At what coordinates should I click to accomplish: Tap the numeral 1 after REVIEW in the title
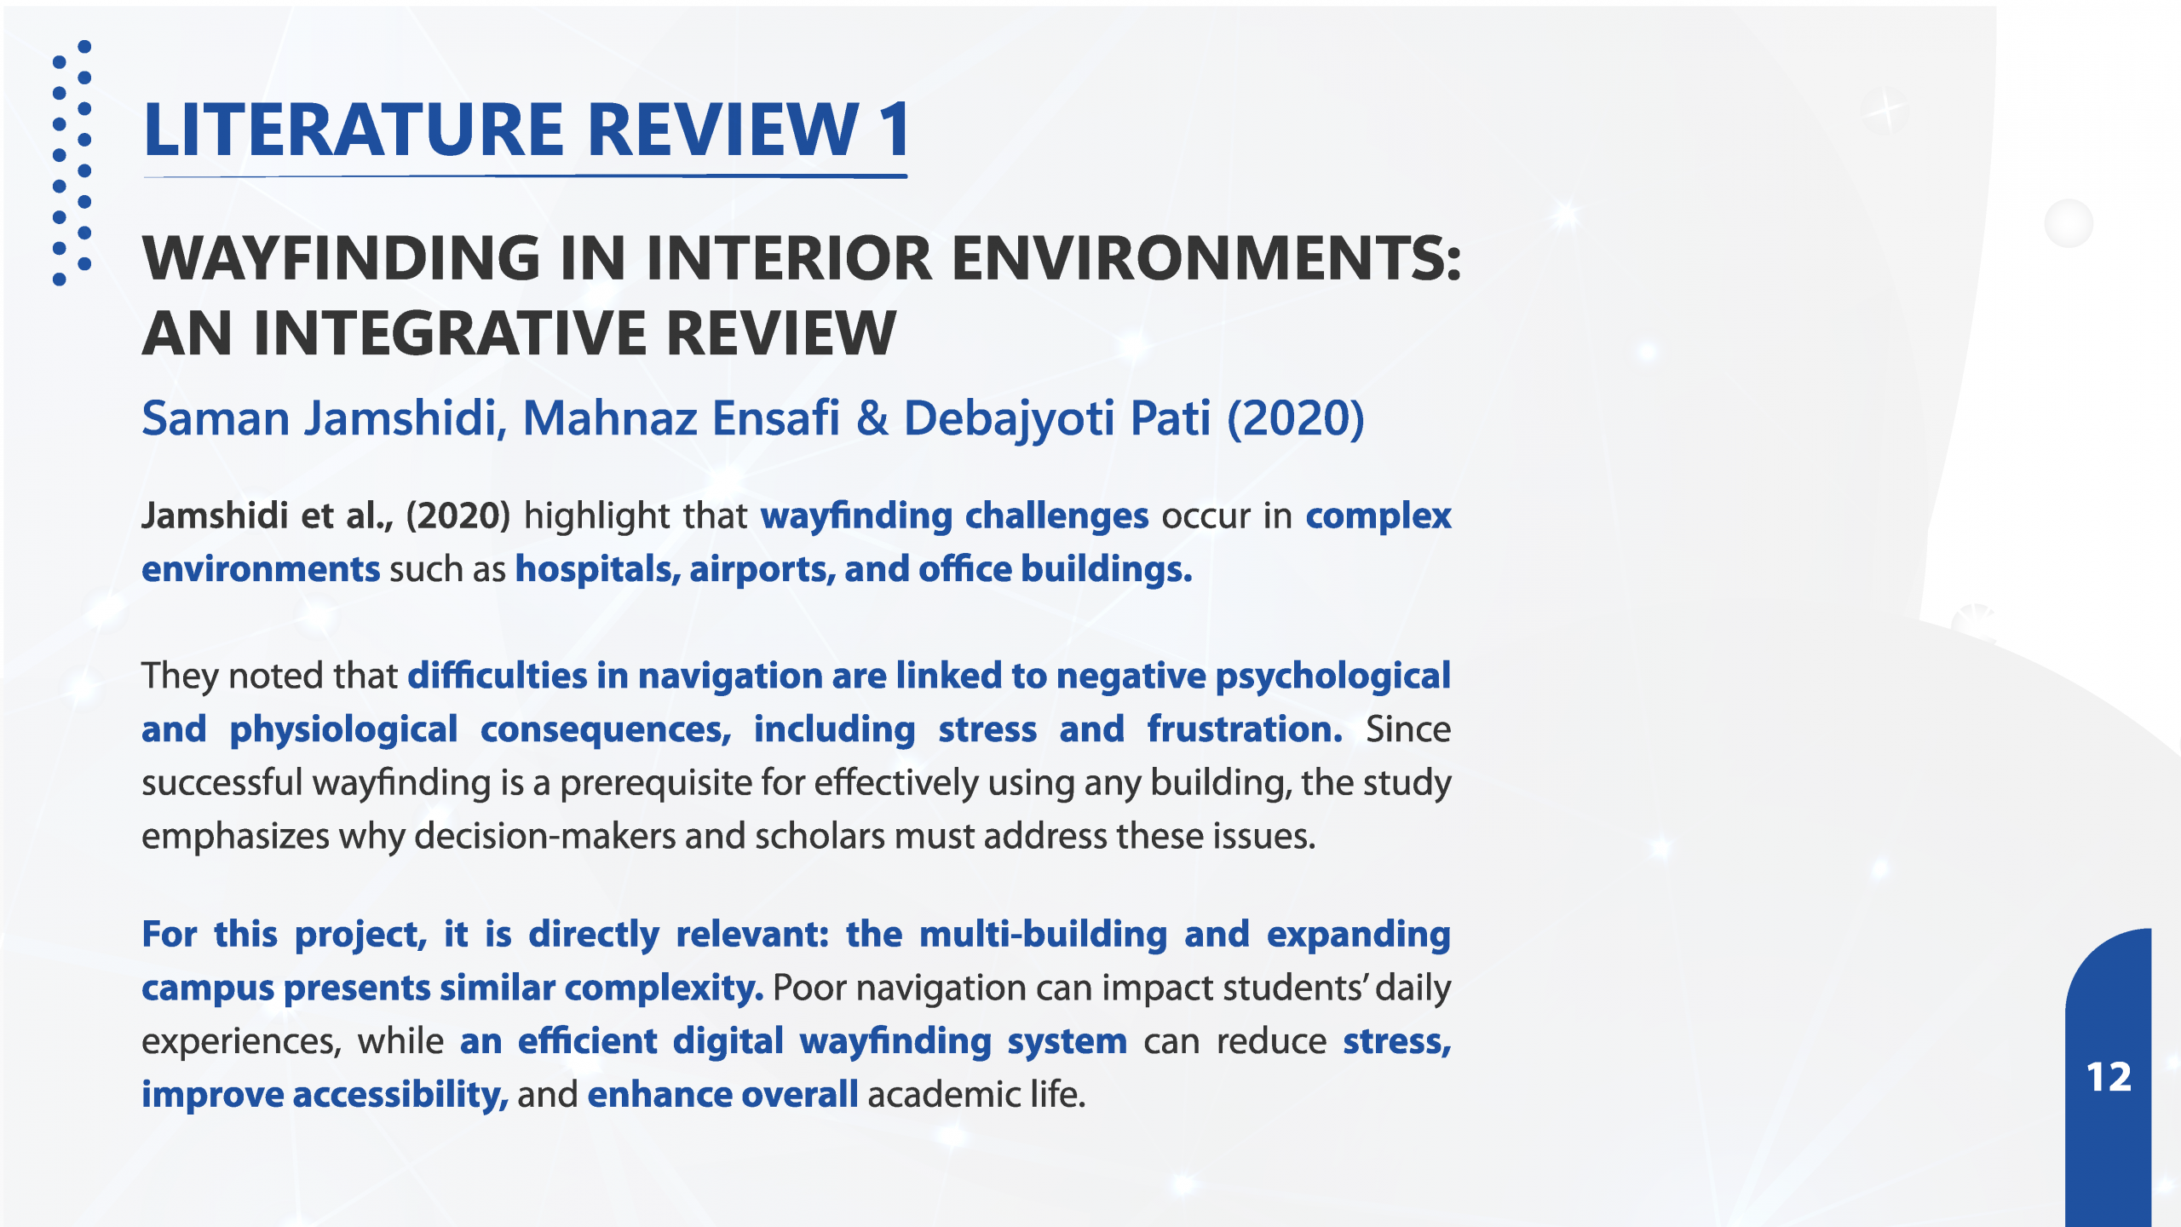[895, 130]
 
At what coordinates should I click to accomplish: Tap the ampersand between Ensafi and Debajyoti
[872, 418]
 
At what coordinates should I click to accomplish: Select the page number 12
[2109, 1077]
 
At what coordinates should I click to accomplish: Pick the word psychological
[1332, 677]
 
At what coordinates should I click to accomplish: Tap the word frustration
[1245, 729]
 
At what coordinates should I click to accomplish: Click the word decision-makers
[545, 836]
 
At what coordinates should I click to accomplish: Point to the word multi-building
[1043, 934]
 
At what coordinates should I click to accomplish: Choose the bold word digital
[728, 1041]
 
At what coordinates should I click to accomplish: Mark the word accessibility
[400, 1095]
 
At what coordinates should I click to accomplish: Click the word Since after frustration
[1408, 729]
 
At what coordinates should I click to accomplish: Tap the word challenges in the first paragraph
[1056, 516]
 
